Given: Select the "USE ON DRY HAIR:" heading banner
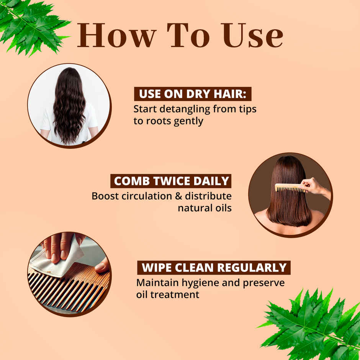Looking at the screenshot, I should point(192,94).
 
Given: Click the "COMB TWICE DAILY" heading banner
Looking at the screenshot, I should point(171,181).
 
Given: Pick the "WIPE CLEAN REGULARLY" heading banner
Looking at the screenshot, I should point(214,267).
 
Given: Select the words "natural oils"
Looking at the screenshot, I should point(205,208).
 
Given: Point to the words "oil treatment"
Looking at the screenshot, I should point(168,295).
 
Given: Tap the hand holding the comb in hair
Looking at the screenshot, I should point(314,186).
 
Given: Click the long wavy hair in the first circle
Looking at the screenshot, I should point(69,107).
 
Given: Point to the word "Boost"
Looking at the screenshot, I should point(104,196).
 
